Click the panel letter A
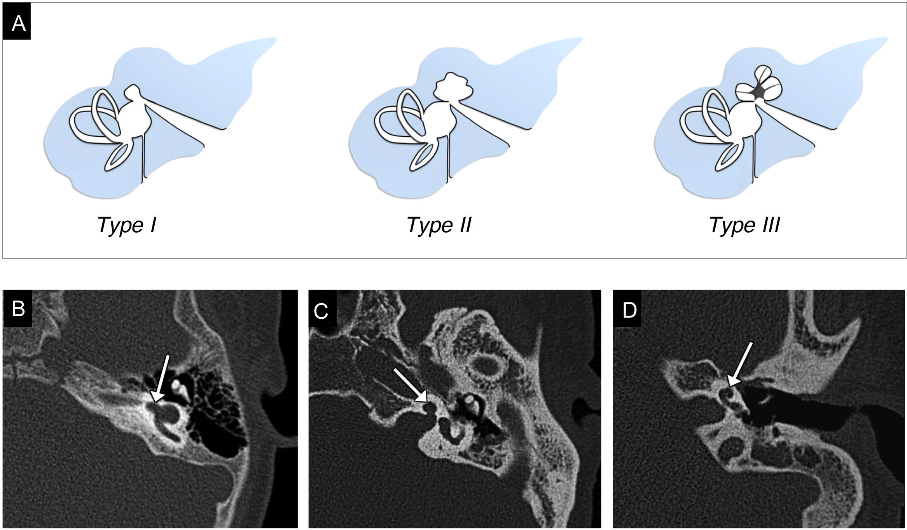tap(18, 24)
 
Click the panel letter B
tap(18, 309)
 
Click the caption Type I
tap(127, 225)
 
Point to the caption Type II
tap(439, 225)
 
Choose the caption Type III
tap(744, 225)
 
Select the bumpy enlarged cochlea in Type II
tap(452, 89)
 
